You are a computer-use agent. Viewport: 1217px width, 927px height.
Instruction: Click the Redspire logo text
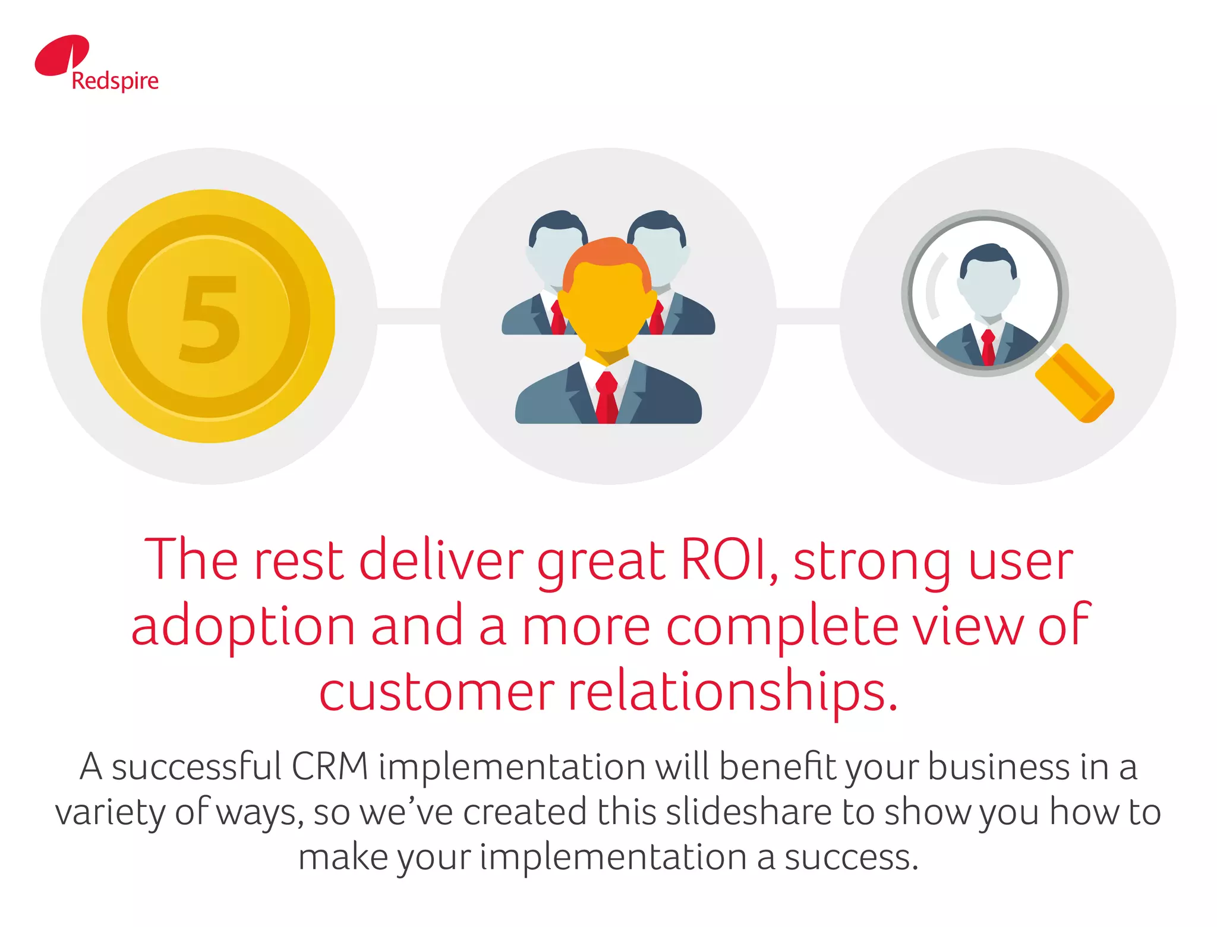tap(115, 81)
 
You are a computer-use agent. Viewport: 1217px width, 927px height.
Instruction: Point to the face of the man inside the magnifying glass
tap(988, 288)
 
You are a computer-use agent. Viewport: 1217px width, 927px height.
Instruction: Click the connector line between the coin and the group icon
tap(408, 316)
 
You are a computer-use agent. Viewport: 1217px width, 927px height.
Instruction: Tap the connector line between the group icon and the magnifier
tap(808, 316)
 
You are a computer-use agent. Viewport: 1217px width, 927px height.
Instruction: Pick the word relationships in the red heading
tap(732, 692)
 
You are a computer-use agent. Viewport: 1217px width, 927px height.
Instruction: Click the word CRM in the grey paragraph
tap(330, 767)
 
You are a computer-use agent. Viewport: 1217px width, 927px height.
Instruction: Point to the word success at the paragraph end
tap(851, 857)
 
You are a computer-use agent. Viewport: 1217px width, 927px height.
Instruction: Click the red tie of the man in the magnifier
tap(988, 348)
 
